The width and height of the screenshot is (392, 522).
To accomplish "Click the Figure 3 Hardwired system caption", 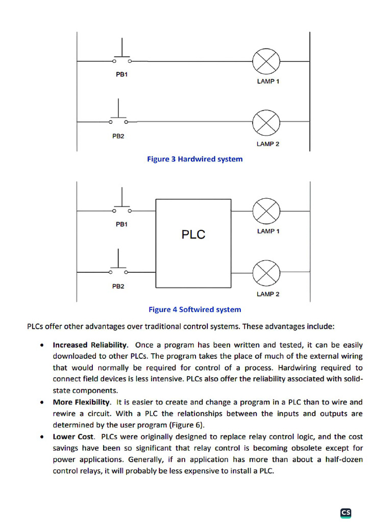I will [x=194, y=159].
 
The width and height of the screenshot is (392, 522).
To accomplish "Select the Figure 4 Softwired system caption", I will [x=194, y=309].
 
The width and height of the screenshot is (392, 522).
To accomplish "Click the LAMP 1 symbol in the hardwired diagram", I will [x=266, y=61].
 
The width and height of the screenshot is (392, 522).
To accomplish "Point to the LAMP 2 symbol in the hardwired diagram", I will [x=266, y=122].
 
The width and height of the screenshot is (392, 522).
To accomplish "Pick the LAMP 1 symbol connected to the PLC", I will [x=266, y=211].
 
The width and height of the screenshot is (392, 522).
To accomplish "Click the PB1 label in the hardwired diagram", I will [x=121, y=74].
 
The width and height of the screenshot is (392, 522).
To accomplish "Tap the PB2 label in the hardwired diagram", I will [x=118, y=136].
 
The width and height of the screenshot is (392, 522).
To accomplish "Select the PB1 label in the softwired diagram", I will [x=121, y=224].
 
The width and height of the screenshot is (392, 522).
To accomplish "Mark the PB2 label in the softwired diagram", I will [x=118, y=286].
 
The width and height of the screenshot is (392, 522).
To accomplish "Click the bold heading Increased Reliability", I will [x=90, y=345].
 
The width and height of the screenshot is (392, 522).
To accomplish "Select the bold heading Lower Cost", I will [x=73, y=437].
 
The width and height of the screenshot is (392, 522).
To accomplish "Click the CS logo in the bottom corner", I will [x=346, y=513].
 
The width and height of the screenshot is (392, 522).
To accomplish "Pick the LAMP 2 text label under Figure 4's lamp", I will [x=268, y=294].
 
